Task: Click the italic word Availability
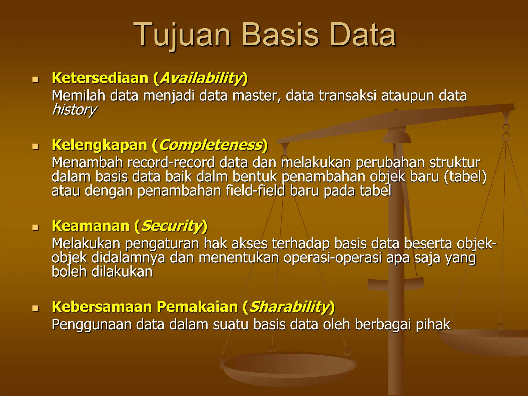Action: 201,78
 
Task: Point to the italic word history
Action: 74,110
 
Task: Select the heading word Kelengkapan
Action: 99,145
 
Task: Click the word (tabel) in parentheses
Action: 465,177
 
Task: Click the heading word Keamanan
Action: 90,226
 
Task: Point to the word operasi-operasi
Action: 332,258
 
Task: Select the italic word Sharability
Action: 289,307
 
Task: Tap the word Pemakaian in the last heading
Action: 197,307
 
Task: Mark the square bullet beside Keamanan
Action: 35,227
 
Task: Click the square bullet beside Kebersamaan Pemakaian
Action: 35,308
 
